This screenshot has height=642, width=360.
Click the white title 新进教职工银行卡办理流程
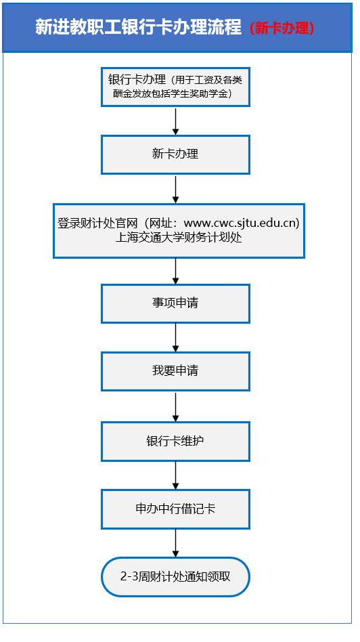[x=138, y=28]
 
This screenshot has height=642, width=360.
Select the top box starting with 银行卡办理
[x=175, y=87]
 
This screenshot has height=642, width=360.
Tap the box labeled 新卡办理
[x=175, y=154]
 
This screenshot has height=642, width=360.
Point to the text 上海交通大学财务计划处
[x=179, y=238]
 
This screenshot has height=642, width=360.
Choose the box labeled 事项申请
[x=175, y=303]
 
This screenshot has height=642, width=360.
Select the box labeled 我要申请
[x=175, y=371]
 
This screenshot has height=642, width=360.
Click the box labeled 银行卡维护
[x=175, y=441]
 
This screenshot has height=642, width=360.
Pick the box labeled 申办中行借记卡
[x=175, y=509]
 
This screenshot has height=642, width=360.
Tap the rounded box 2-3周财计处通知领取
[x=175, y=577]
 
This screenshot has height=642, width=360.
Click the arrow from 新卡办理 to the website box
[x=175, y=189]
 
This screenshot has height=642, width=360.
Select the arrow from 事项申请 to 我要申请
[x=175, y=337]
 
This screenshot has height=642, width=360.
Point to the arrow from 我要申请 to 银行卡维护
[x=175, y=406]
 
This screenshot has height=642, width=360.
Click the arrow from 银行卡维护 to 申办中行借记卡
[x=175, y=475]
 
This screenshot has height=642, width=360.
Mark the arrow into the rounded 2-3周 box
[x=175, y=543]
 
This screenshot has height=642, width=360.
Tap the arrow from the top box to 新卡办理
[x=175, y=121]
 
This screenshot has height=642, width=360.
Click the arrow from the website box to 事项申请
[x=175, y=271]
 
